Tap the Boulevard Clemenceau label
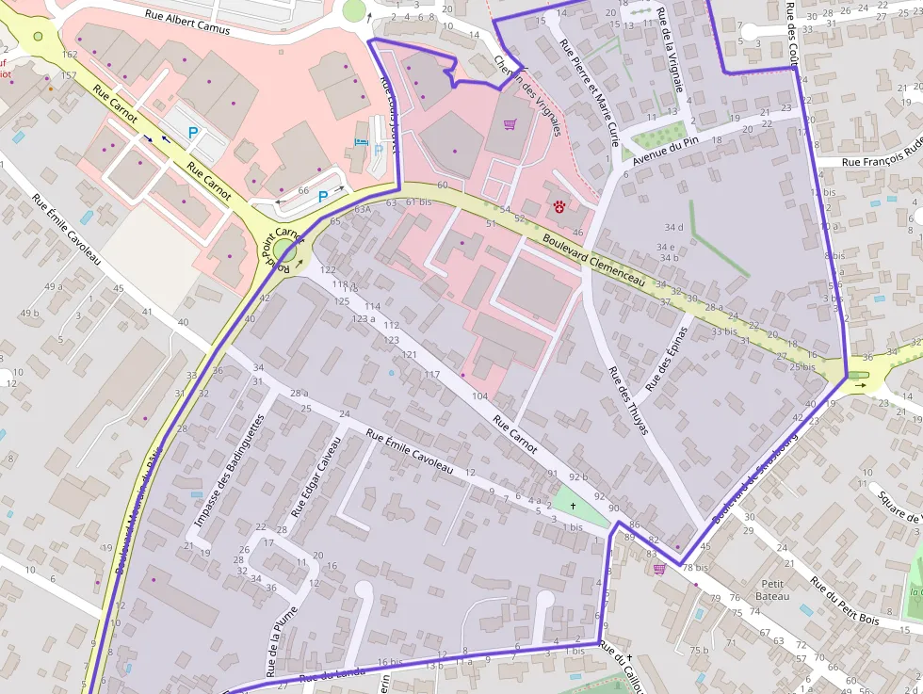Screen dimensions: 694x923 593,261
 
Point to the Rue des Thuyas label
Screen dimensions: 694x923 628,400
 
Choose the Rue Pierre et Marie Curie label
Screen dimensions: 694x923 589,93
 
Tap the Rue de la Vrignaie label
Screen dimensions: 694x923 671,49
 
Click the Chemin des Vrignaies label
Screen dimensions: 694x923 527,94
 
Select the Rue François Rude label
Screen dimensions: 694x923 881,161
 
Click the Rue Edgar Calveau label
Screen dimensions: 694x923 315,476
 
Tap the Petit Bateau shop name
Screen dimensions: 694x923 772,589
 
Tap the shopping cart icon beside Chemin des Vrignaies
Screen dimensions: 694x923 510,123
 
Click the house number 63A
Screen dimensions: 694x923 363,210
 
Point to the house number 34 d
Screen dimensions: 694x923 673,227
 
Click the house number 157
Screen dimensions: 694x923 68,75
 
